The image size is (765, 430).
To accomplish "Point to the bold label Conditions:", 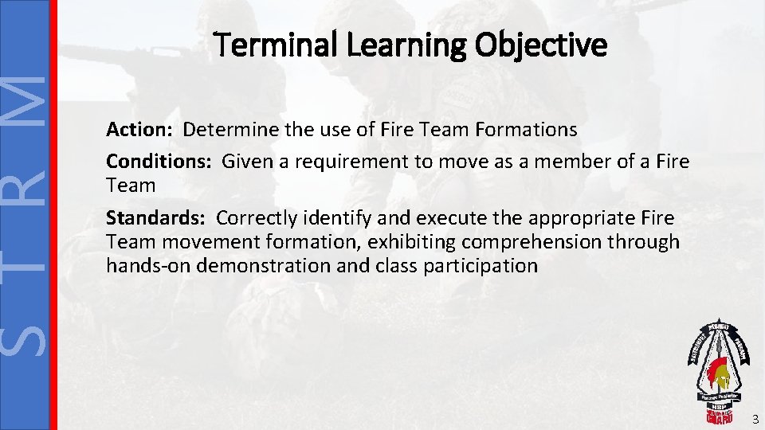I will [x=159, y=162].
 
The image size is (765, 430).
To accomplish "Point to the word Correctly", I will [x=255, y=218].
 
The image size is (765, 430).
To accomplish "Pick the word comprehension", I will [x=566, y=242].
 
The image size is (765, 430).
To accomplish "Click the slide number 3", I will [x=755, y=419].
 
